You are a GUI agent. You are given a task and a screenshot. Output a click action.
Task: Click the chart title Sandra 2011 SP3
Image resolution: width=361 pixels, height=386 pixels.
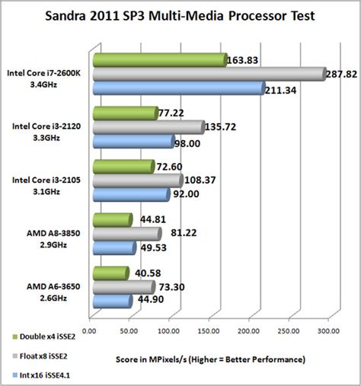(181, 17)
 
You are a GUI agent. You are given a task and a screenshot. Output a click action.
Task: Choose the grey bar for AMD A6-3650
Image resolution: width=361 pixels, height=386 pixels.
(122, 287)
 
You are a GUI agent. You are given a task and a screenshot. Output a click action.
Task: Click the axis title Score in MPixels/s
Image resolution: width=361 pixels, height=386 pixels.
(211, 358)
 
